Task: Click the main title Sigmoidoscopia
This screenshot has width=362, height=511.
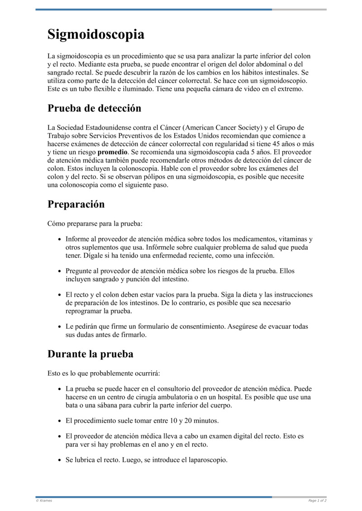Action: click(96, 35)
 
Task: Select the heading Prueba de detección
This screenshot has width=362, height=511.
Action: click(94, 109)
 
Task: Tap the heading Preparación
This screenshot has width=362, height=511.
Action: click(76, 204)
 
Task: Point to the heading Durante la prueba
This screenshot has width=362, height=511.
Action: click(90, 354)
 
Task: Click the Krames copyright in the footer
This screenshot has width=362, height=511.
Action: click(44, 501)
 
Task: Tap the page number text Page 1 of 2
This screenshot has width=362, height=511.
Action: click(317, 501)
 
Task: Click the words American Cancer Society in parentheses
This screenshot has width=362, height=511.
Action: click(222, 128)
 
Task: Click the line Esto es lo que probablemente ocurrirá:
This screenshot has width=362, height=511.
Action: click(104, 374)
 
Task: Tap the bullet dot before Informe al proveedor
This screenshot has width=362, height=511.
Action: click(60, 240)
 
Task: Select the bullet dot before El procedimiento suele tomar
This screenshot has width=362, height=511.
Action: click(60, 421)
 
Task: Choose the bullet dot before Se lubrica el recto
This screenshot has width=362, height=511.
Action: click(60, 460)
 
